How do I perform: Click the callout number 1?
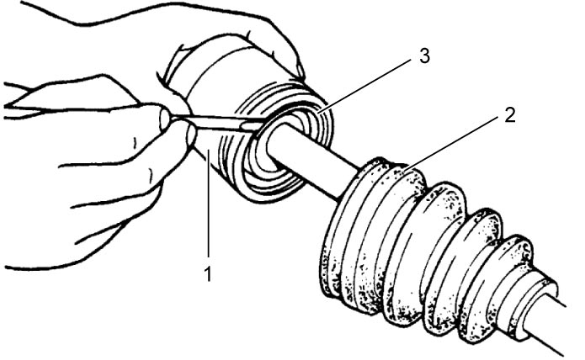pyautogui.click(x=208, y=274)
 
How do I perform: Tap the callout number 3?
pyautogui.click(x=424, y=56)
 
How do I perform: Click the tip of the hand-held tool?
pyautogui.click(x=258, y=127)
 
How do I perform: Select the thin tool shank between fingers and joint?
pyautogui.click(x=216, y=122)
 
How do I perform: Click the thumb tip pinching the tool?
pyautogui.click(x=165, y=117)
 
